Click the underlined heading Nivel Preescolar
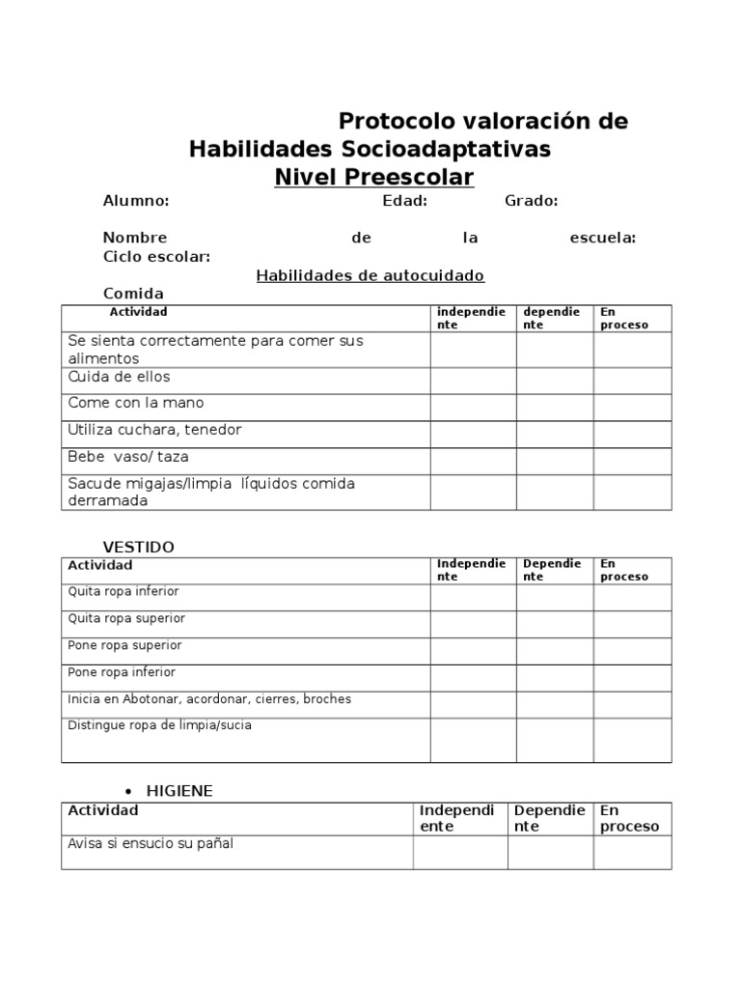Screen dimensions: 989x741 tap(374, 178)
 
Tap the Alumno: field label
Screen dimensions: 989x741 tap(136, 201)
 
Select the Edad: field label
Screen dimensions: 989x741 tap(405, 201)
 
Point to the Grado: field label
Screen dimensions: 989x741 tap(531, 201)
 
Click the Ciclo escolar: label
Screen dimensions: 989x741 tap(156, 256)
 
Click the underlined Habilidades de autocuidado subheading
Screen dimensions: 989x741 tap(370, 275)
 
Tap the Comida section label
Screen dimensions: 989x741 tap(133, 294)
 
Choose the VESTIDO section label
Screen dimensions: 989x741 tap(138, 547)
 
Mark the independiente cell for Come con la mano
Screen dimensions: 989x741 tap(473, 408)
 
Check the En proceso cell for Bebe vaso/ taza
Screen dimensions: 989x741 tap(632, 462)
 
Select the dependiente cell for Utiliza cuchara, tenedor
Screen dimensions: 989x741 tap(554, 435)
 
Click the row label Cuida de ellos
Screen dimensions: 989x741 tap(120, 377)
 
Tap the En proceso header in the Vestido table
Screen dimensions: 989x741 tap(624, 570)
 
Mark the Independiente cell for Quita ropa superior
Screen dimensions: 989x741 tap(473, 624)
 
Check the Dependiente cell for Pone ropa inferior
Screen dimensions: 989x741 tap(554, 678)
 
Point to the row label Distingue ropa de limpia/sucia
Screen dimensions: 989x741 tap(160, 725)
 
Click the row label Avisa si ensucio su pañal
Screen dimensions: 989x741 tap(151, 843)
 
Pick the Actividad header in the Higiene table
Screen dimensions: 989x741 tap(103, 810)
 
